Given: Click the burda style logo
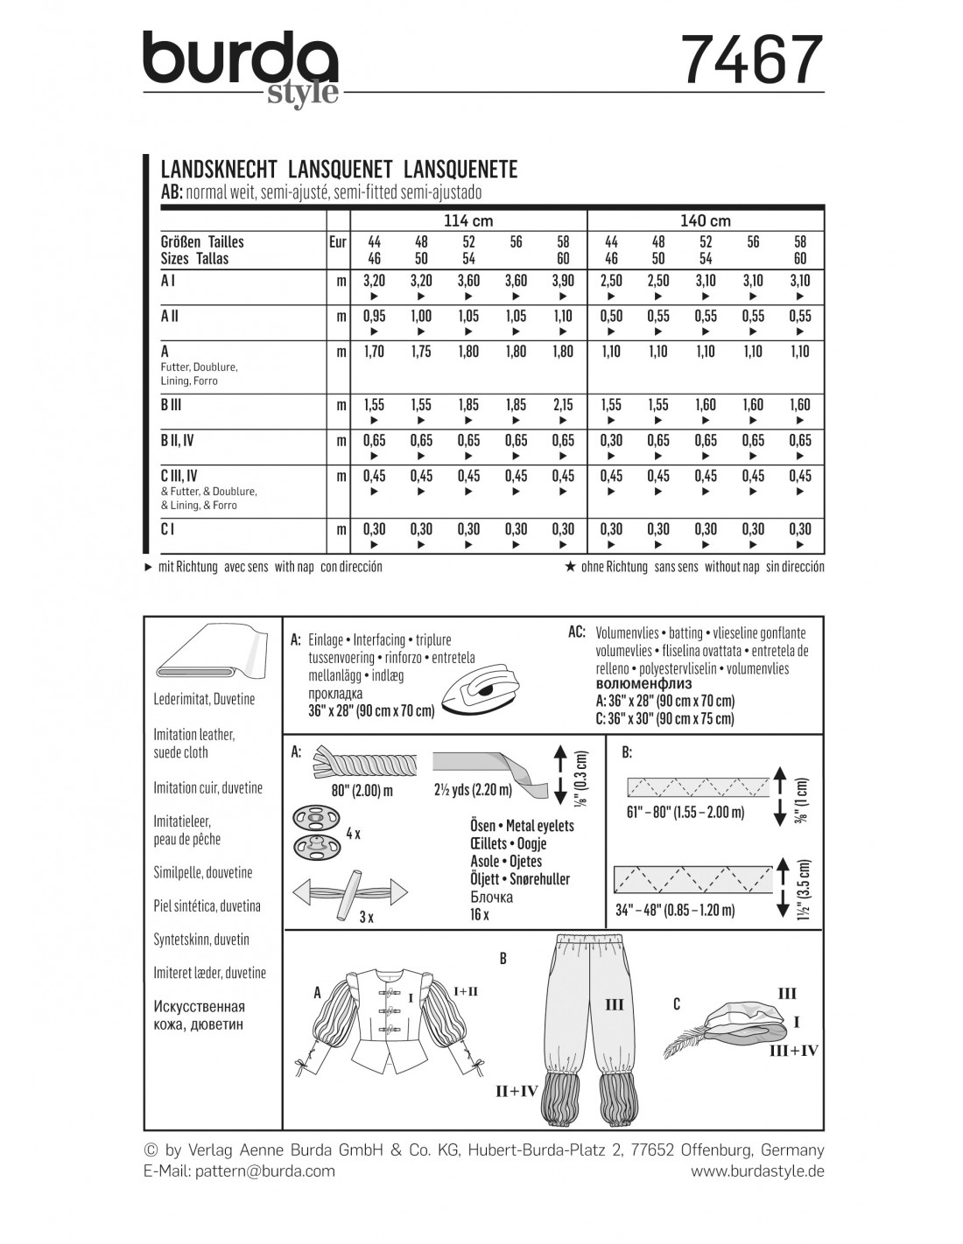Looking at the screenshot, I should [x=241, y=68].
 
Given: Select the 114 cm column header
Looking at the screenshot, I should [x=469, y=220].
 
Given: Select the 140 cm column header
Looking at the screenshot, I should [x=706, y=220].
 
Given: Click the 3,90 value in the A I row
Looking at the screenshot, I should [x=563, y=281].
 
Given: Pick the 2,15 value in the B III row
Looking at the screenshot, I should [x=563, y=405].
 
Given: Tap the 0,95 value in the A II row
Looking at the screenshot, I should [x=374, y=316].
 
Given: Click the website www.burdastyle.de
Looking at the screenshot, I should [x=757, y=1171].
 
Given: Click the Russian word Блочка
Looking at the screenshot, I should [x=491, y=897].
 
